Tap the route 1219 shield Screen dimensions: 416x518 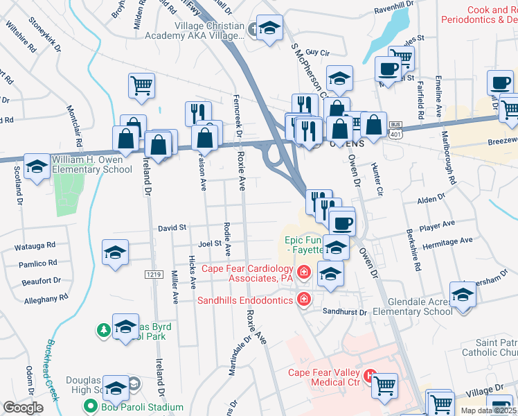click(x=154, y=275)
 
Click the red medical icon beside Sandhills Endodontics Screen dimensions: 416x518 click(x=303, y=300)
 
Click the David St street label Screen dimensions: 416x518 click(x=172, y=227)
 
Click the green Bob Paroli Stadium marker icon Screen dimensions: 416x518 click(x=89, y=406)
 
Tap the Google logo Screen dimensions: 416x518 click(x=24, y=408)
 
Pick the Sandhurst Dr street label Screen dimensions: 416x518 click(x=345, y=312)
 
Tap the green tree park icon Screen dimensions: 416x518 click(x=103, y=329)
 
